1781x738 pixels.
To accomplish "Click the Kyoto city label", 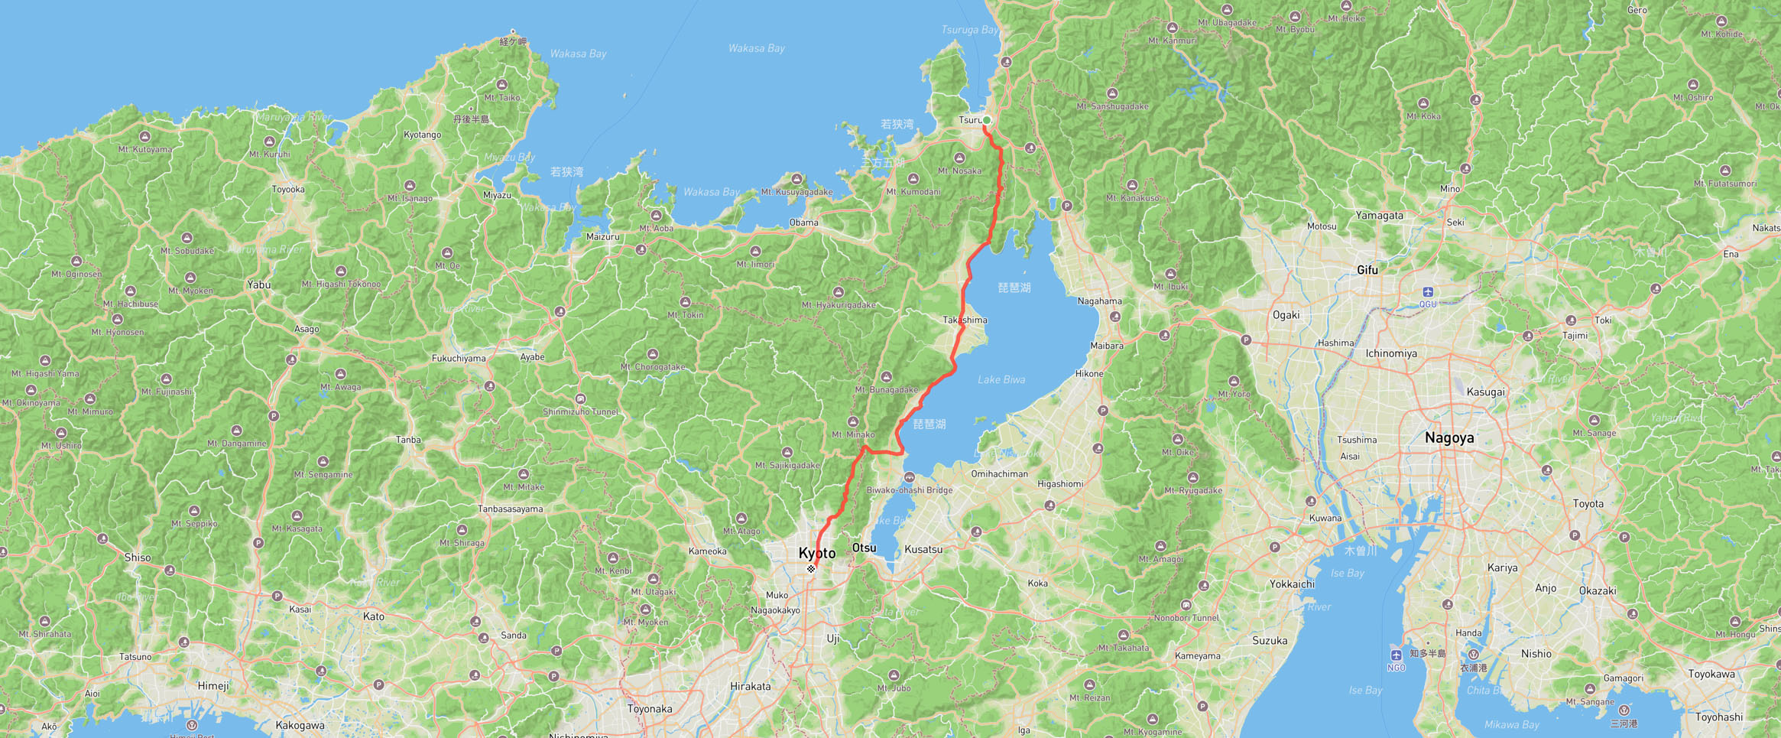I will tap(816, 553).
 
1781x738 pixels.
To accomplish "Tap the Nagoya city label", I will tap(1449, 438).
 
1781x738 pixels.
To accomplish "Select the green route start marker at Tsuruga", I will tap(987, 120).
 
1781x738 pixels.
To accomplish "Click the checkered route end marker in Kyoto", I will tap(811, 569).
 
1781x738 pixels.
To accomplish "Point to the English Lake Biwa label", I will tap(1001, 379).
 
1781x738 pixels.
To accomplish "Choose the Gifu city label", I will tap(1367, 270).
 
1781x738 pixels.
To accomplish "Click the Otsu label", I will tap(864, 548).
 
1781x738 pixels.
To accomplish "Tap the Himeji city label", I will tap(212, 686).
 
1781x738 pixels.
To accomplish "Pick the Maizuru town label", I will tap(602, 237).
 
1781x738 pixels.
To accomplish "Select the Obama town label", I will tap(803, 223).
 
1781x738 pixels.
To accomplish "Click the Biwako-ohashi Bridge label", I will tap(909, 490).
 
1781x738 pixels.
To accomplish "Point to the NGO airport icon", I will tap(1396, 655).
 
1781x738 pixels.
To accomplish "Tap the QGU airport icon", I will tap(1428, 292).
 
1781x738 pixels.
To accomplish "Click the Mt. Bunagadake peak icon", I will tap(887, 377).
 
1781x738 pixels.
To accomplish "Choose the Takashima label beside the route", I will tap(965, 320).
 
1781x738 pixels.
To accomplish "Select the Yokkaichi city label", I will tap(1292, 584).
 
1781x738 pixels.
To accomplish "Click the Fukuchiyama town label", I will tap(459, 358).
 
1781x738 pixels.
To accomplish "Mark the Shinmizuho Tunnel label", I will tap(580, 411).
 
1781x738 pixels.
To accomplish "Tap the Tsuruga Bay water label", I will tap(969, 30).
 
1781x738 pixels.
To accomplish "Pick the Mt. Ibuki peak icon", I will tap(1170, 274).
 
